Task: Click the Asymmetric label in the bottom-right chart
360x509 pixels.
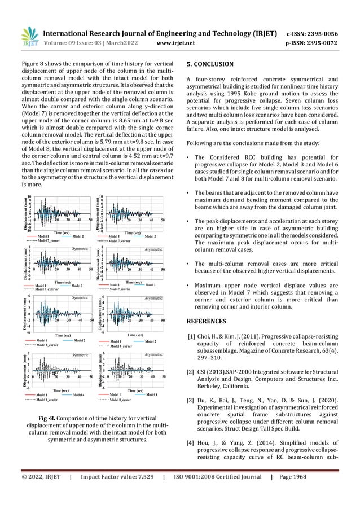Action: [153, 354]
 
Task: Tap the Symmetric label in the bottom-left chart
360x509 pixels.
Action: [82, 354]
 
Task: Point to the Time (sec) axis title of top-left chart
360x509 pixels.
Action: [63, 231]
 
